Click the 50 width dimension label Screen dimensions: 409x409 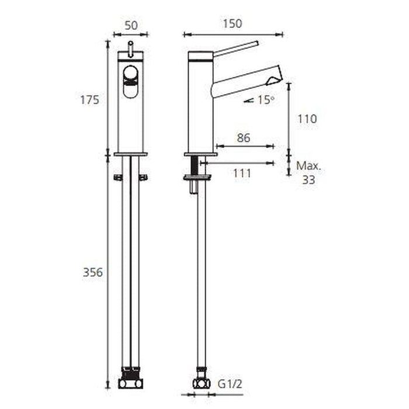[x=131, y=26]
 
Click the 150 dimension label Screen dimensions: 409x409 [x=232, y=24]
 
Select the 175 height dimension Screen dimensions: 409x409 [x=90, y=100]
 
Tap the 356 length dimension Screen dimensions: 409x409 [x=93, y=272]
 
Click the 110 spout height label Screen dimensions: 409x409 [x=307, y=119]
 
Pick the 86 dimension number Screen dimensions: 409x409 [x=244, y=138]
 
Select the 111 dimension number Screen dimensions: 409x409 [x=242, y=173]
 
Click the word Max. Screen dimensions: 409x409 [x=309, y=165]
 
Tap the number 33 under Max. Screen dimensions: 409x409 [x=309, y=180]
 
